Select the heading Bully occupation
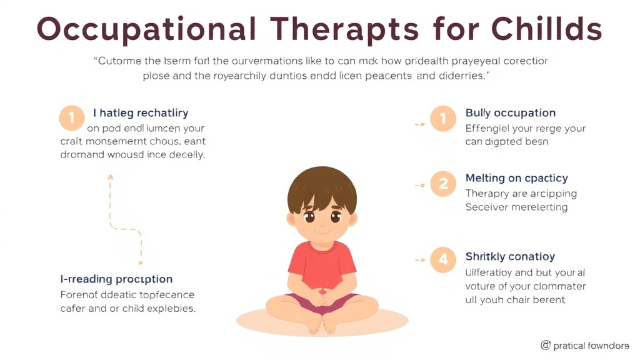click(x=510, y=113)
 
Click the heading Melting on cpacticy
click(x=516, y=179)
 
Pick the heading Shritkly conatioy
click(x=510, y=256)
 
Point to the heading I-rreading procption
click(x=116, y=279)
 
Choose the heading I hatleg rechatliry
click(x=141, y=113)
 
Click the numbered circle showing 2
click(x=443, y=184)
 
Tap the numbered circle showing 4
click(x=443, y=259)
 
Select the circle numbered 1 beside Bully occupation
click(x=443, y=119)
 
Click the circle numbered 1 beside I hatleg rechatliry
click(x=71, y=117)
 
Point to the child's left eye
click(x=336, y=217)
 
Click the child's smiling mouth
click(x=322, y=232)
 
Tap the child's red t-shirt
click(x=322, y=262)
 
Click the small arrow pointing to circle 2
click(x=420, y=185)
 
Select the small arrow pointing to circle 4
click(x=420, y=259)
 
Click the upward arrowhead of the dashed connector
click(x=111, y=177)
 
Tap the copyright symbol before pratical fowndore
click(x=545, y=345)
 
